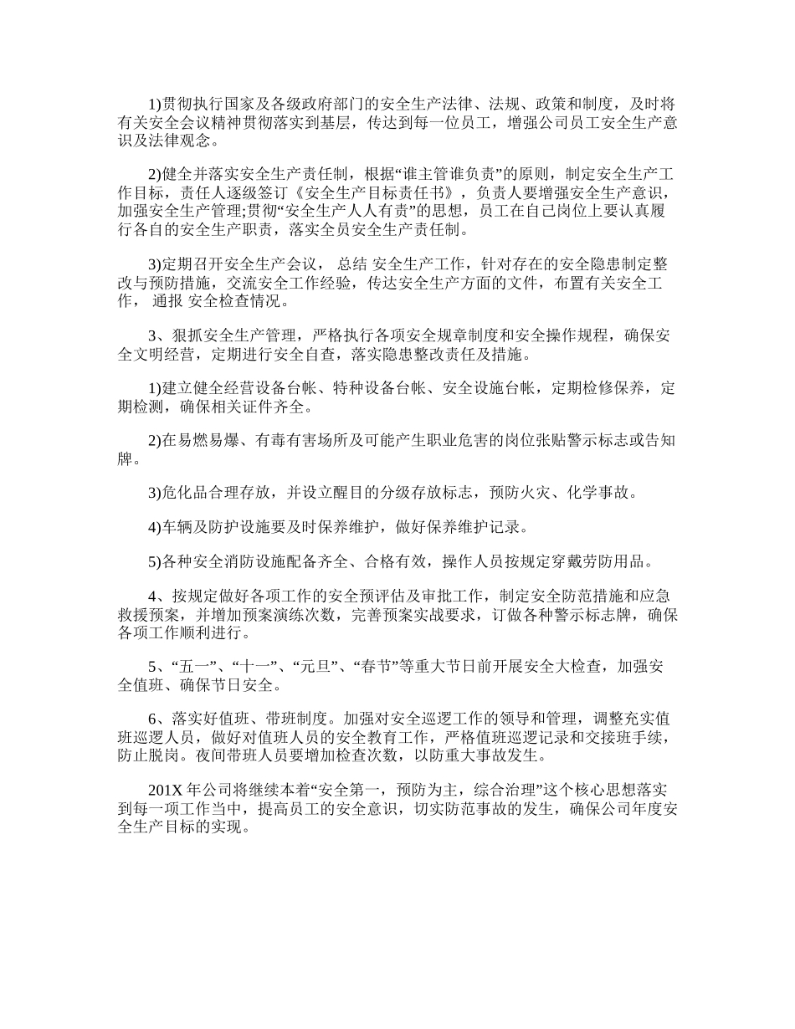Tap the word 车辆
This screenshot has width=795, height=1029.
pos(172,526)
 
